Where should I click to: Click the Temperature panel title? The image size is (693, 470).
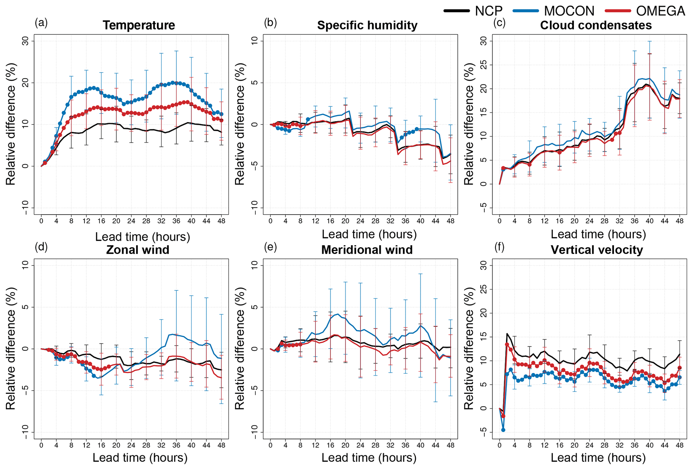click(139, 26)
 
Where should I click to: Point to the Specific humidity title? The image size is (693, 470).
click(367, 26)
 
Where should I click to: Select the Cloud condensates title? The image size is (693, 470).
click(596, 26)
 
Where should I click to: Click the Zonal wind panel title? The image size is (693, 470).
click(137, 250)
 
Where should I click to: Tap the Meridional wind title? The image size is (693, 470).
click(367, 250)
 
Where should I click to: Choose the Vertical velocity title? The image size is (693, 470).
click(597, 250)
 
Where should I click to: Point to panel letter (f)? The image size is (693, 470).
click(499, 247)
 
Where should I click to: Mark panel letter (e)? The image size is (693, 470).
click(270, 247)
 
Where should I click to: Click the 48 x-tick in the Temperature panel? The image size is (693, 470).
click(221, 221)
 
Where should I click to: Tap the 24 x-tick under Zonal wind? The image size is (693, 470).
click(131, 445)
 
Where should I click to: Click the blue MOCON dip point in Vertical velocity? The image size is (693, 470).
click(503, 430)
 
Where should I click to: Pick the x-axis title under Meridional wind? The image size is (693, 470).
click(369, 458)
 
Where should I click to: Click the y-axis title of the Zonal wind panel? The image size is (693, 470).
click(11, 348)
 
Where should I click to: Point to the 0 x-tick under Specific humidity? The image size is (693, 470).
click(270, 221)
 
